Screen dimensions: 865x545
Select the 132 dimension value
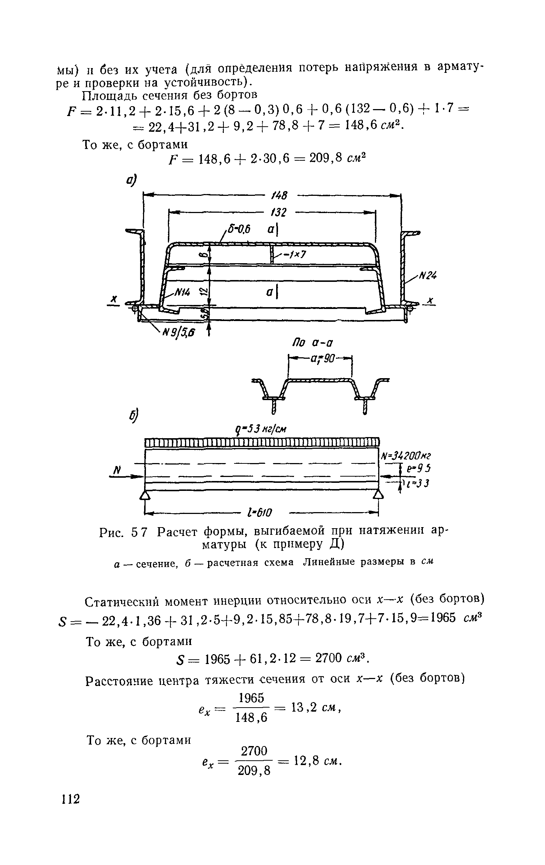[279, 213]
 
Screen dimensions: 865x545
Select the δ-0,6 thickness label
[238, 230]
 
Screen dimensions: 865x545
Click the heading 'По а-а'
[313, 343]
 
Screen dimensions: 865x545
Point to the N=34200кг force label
[406, 456]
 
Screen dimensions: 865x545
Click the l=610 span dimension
[260, 512]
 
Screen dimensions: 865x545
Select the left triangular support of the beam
[146, 495]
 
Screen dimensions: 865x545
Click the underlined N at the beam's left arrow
[118, 470]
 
